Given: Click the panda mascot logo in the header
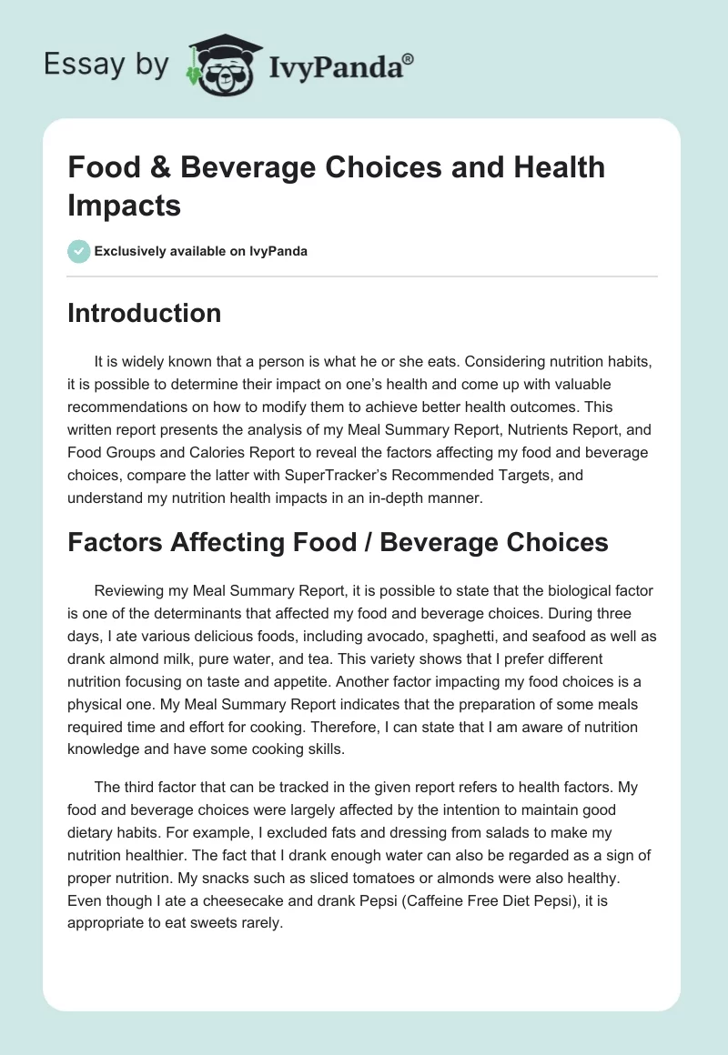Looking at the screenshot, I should click(217, 65).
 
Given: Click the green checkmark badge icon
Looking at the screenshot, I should click(78, 251).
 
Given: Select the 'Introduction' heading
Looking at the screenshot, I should click(144, 313).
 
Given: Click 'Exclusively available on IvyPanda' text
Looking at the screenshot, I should click(202, 251).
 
